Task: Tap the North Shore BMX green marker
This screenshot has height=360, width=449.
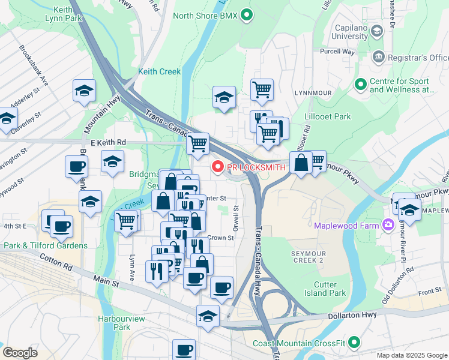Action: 246,14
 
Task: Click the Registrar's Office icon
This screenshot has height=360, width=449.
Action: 379,58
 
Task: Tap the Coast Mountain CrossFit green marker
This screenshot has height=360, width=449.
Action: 355,343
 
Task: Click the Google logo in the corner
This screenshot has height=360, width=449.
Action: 20,353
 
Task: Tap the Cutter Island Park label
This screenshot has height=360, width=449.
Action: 330,289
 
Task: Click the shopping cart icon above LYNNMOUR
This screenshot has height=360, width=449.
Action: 262,90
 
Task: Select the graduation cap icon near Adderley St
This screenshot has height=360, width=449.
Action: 84,91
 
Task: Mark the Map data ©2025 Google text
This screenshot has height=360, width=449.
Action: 412,355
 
